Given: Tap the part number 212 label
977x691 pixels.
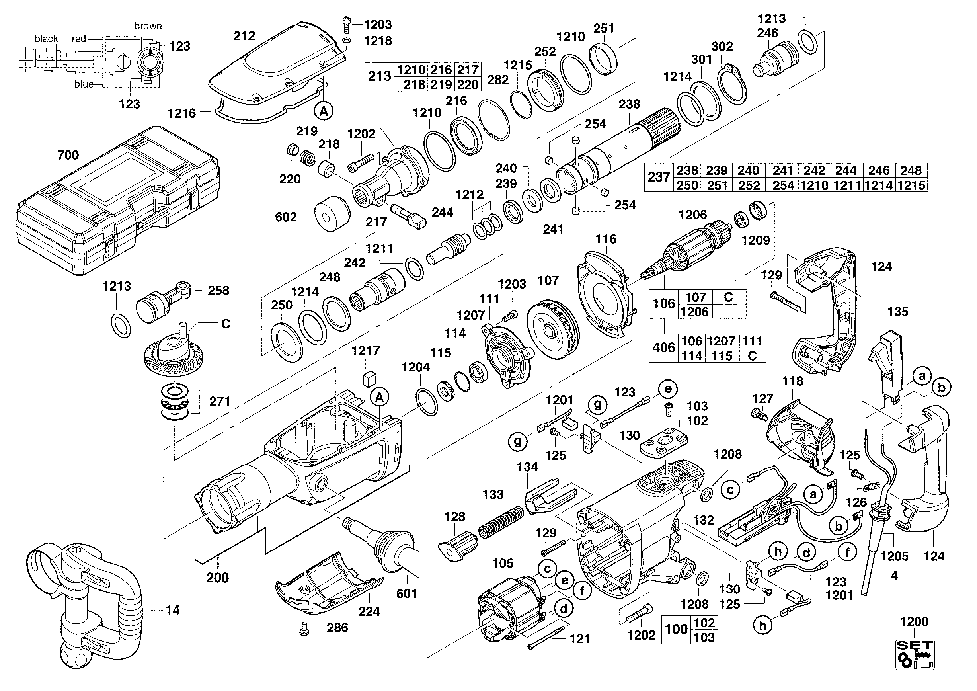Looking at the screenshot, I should tap(244, 36).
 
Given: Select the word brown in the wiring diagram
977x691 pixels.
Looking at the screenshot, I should tap(148, 26).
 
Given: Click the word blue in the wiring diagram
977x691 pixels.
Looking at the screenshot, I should tap(84, 84).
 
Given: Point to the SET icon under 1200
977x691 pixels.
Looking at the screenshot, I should tap(915, 654).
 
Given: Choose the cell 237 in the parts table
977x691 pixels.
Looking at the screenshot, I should tap(659, 177).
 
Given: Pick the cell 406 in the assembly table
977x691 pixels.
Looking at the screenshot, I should tap(663, 348).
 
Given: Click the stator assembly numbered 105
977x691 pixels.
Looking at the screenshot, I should tap(511, 606).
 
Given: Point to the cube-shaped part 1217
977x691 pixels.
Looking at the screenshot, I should tap(369, 378).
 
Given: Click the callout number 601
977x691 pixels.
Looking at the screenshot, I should tap(406, 593).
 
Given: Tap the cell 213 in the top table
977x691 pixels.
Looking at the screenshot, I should tap(379, 76).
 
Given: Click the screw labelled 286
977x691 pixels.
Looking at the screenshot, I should tap(304, 629).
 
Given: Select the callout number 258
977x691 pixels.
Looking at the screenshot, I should tap(218, 291).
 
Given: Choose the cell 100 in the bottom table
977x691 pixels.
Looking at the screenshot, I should tap(676, 629).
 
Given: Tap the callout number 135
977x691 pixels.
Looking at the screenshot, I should tap(898, 312).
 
